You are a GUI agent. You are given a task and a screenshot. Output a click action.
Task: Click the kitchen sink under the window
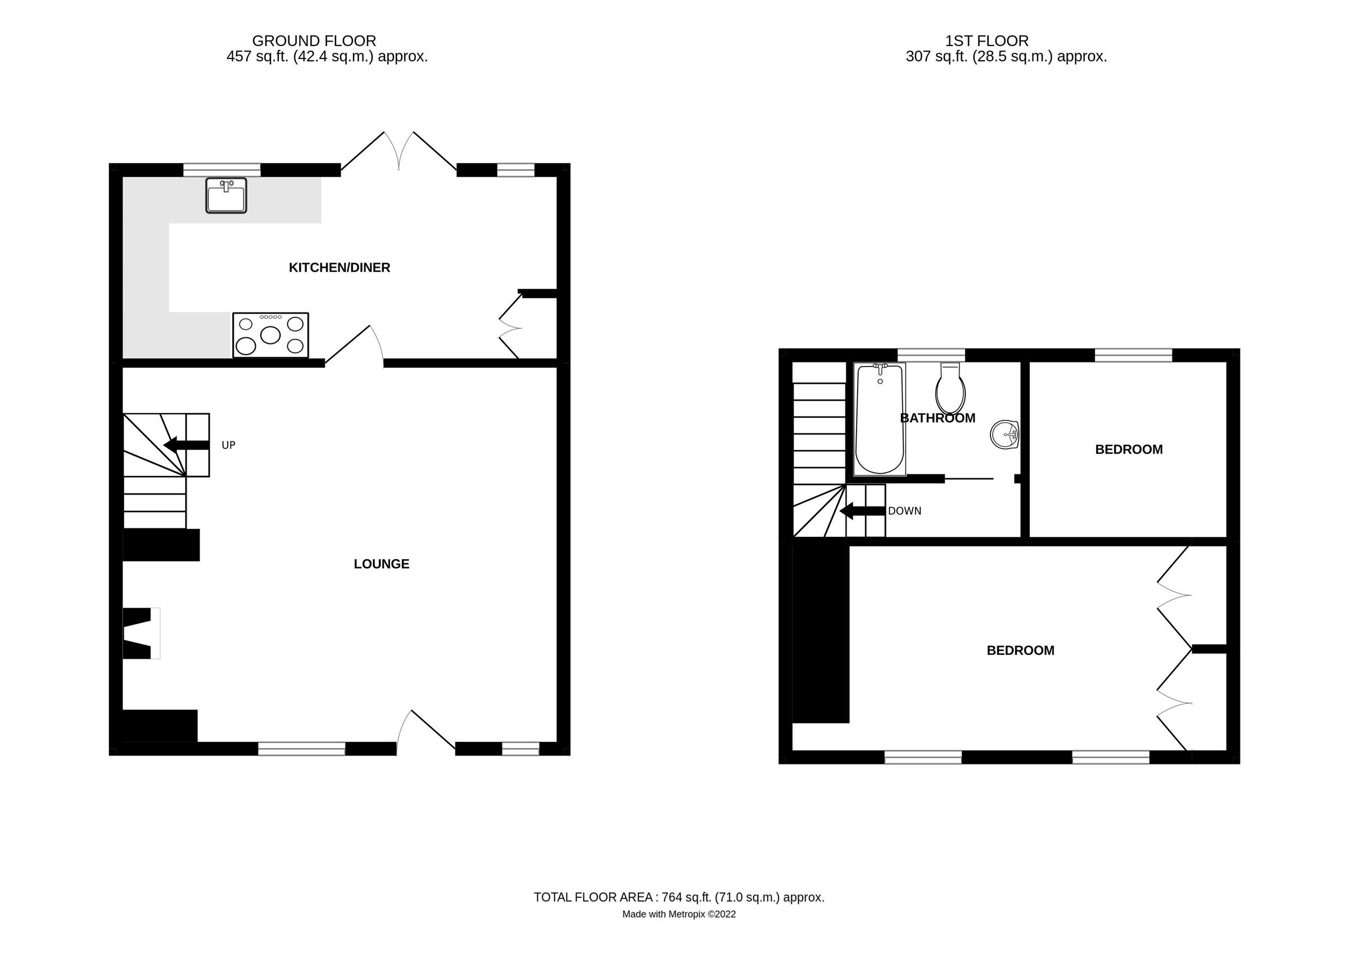click(226, 195)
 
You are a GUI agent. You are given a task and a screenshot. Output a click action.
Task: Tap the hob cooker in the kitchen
click(270, 335)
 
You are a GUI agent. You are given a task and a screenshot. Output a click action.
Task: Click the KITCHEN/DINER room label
click(339, 268)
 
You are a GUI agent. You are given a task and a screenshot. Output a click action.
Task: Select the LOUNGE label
click(381, 564)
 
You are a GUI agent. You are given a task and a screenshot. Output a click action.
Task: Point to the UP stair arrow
click(186, 445)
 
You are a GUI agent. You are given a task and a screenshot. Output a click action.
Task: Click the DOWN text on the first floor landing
click(904, 511)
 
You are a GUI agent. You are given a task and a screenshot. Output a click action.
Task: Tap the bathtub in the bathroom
click(879, 419)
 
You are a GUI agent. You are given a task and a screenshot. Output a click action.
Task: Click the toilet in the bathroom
click(950, 390)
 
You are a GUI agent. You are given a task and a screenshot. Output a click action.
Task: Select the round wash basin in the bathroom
click(1004, 435)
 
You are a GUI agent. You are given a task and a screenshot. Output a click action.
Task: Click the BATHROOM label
click(938, 418)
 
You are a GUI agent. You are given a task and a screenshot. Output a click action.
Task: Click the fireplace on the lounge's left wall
click(142, 633)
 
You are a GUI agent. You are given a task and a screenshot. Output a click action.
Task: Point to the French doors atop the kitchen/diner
click(399, 152)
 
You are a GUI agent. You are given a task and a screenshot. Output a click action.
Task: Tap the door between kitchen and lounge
click(354, 345)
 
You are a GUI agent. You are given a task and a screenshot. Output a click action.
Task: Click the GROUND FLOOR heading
click(314, 41)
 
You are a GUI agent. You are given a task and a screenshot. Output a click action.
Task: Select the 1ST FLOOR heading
click(987, 41)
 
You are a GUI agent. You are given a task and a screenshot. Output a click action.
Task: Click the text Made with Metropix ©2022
click(678, 914)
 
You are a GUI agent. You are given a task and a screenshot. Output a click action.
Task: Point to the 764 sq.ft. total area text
click(678, 898)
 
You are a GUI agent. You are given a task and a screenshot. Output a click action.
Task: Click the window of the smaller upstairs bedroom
click(1133, 356)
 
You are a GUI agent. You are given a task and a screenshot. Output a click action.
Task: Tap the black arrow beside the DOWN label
click(862, 511)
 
